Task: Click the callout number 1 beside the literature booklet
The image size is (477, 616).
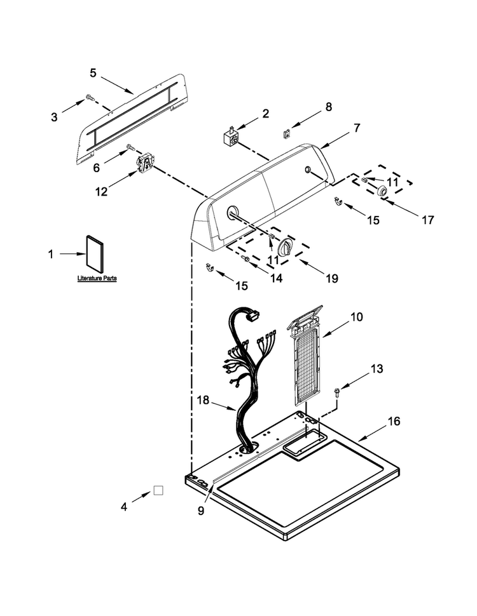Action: [x=50, y=254]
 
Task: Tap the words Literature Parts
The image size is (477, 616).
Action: [x=97, y=278]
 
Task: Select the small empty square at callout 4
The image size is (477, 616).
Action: [x=158, y=490]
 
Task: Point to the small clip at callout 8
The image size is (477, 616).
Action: [x=287, y=133]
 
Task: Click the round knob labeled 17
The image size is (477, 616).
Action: [x=381, y=192]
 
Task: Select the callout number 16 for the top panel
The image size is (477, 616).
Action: [x=394, y=421]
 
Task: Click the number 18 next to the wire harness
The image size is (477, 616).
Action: [x=203, y=400]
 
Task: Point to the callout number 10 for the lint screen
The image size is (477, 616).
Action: [x=357, y=317]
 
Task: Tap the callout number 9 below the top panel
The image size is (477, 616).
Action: [x=201, y=511]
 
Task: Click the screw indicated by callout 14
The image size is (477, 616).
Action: [x=245, y=258]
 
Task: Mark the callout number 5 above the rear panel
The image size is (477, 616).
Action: [x=93, y=72]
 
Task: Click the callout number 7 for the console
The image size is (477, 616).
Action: [x=357, y=128]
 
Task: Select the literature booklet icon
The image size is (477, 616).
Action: [x=95, y=254]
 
